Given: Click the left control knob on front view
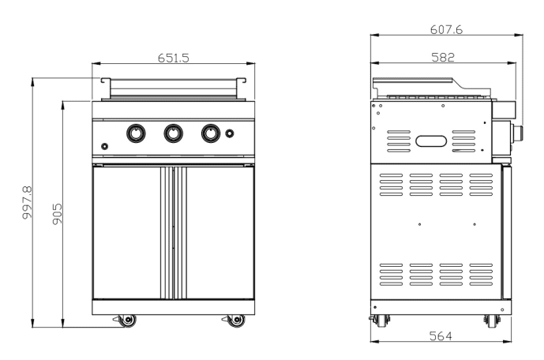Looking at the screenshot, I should [136, 134].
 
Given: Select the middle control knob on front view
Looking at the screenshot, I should [173, 134].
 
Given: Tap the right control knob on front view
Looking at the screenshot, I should [210, 134].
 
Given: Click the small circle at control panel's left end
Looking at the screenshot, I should [104, 145].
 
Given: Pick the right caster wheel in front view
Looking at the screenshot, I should [234, 320].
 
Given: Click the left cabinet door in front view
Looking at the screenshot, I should [127, 232].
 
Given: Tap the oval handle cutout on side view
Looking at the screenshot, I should [431, 141].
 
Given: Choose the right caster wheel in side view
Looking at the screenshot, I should [491, 321].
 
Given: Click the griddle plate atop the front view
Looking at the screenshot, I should [173, 86].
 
